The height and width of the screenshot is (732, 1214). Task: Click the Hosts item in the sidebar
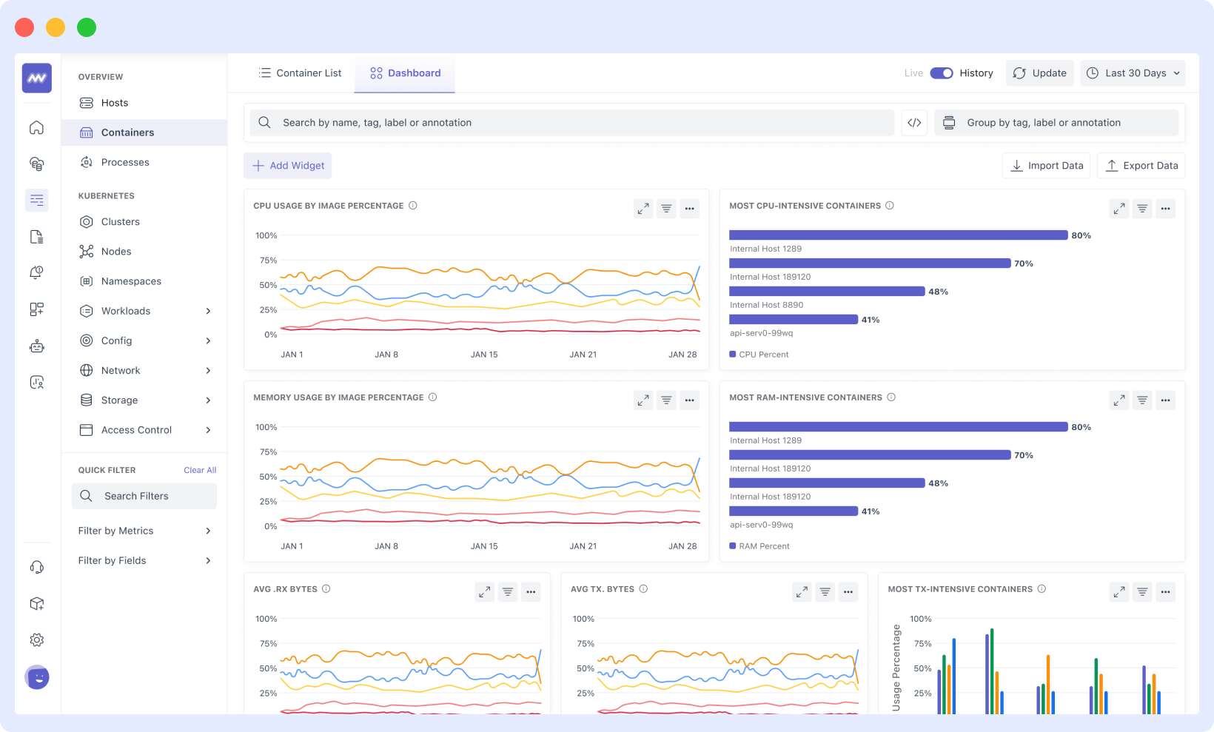tap(114, 103)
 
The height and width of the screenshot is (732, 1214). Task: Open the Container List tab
tap(300, 73)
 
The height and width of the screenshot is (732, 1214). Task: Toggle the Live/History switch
tap(941, 73)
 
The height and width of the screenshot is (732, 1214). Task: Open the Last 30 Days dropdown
tap(1133, 73)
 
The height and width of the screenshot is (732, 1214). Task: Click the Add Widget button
tap(288, 166)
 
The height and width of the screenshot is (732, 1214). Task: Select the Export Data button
tap(1141, 166)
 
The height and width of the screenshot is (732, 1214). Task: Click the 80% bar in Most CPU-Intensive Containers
tap(897, 235)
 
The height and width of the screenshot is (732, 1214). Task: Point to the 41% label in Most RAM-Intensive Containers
tap(871, 511)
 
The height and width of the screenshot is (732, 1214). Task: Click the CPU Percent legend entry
tap(762, 355)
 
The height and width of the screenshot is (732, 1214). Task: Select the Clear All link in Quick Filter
tap(200, 470)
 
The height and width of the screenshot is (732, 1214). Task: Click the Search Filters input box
tap(144, 496)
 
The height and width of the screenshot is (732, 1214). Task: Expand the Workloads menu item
tap(144, 311)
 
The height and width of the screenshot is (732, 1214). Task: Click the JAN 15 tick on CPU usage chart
tap(484, 355)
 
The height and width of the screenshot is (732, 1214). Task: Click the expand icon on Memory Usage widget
tap(643, 400)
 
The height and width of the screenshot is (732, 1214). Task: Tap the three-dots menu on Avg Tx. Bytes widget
tap(848, 592)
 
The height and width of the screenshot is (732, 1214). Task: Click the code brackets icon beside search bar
tap(914, 123)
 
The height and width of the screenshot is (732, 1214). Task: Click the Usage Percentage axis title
tap(896, 668)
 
